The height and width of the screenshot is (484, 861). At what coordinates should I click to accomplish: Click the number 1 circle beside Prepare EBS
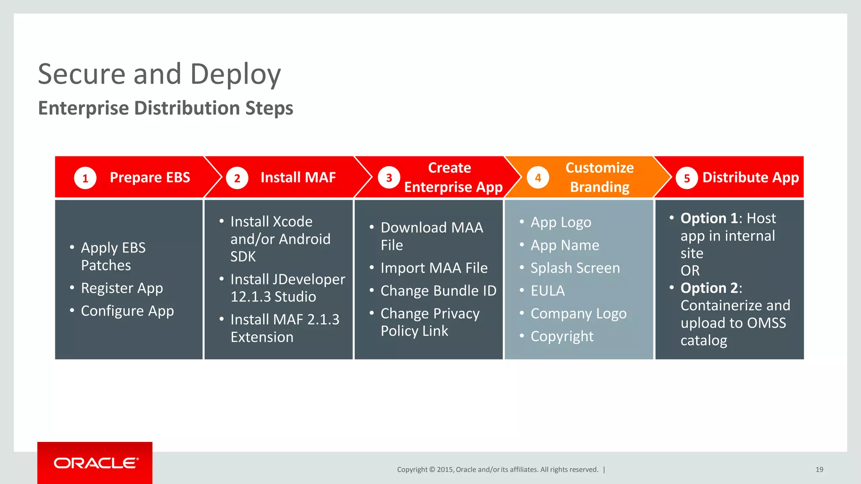85,178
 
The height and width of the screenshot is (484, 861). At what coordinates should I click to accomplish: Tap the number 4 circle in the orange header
538,178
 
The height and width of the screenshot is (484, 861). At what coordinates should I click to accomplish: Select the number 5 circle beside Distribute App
687,178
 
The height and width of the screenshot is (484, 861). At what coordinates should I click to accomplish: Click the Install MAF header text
298,177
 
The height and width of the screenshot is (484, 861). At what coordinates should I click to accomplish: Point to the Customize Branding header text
600,177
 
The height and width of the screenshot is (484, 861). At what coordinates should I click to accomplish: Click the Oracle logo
96,463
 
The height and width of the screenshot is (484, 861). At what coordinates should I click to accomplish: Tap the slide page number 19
819,469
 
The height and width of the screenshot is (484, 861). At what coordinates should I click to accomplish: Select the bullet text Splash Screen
575,268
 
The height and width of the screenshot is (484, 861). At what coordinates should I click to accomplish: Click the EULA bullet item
547,291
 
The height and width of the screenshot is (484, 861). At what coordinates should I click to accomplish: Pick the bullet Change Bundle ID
438,291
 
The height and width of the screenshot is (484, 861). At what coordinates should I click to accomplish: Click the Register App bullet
121,288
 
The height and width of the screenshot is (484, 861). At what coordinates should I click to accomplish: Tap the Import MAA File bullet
433,268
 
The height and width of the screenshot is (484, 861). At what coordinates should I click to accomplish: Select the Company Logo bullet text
578,313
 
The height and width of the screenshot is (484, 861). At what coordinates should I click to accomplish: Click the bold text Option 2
709,288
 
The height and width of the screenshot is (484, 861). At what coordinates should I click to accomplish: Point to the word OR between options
690,271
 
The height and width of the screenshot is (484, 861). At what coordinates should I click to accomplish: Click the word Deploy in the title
235,74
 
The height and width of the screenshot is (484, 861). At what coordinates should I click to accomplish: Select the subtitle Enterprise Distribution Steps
166,108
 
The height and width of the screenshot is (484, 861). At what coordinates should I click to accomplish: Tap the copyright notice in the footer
497,469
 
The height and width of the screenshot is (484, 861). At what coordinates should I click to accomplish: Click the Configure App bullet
127,311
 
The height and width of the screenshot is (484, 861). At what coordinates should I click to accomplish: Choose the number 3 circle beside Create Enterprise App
389,178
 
